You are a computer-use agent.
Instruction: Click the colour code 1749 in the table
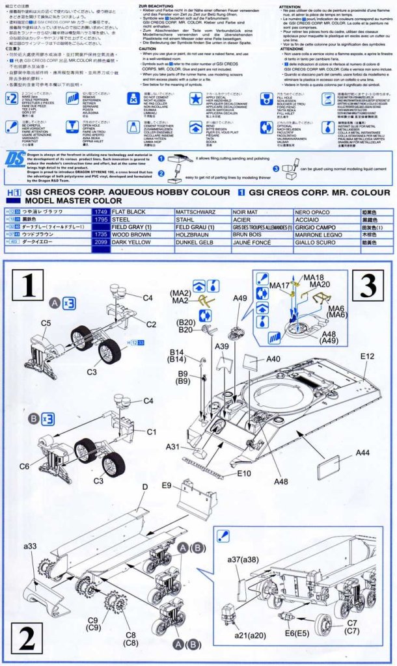coord(101,212)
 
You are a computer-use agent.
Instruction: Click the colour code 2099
coord(101,241)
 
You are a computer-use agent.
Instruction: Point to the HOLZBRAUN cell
coord(193,234)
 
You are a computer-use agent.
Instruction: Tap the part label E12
coord(367,356)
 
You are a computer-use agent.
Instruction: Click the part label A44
coord(363,453)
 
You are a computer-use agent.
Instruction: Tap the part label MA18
coord(314,277)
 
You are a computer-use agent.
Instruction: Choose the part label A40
coord(273,358)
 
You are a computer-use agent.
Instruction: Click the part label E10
coord(244,473)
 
